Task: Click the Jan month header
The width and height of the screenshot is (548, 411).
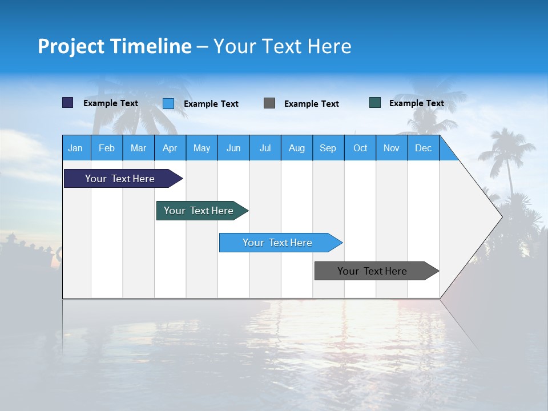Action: [x=76, y=148]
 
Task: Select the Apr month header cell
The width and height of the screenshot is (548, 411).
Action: [x=170, y=148]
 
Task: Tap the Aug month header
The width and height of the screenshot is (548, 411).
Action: [x=297, y=148]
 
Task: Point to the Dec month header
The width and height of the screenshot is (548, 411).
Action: [x=424, y=148]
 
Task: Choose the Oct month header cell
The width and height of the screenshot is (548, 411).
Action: [x=360, y=148]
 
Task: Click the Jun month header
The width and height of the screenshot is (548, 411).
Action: [x=233, y=148]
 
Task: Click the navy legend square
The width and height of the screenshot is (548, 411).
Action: [x=68, y=103]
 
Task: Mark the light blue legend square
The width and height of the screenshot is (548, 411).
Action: [x=168, y=103]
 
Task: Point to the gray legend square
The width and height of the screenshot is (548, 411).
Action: [x=269, y=103]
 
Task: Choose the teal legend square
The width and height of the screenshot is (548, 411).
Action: [x=375, y=103]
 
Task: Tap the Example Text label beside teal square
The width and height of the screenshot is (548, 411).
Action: [x=416, y=103]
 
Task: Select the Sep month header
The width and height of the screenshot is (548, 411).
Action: [x=328, y=148]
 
